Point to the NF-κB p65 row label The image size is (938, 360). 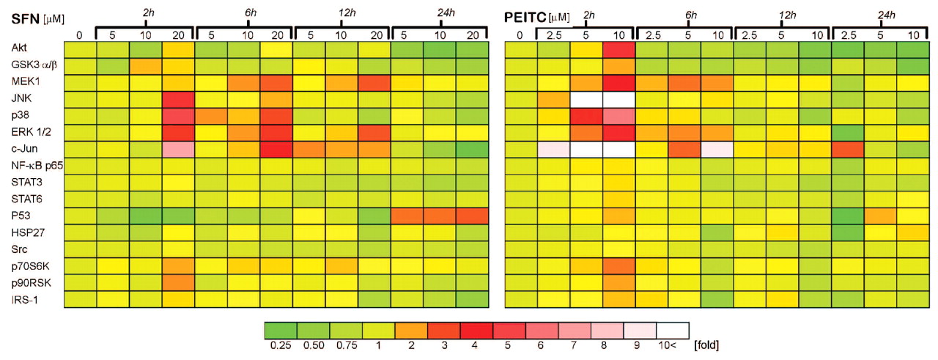32,165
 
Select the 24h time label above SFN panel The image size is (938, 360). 440,11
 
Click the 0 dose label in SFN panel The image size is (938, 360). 80,33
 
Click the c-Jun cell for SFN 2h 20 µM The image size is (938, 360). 179,149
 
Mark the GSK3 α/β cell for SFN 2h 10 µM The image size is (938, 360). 146,65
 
